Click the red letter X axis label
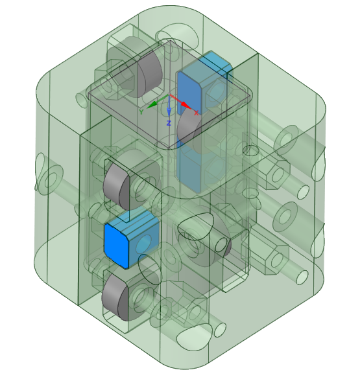[197, 113]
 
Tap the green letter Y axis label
[141, 112]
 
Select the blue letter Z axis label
[169, 123]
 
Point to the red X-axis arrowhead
[186, 106]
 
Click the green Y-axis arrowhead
[152, 105]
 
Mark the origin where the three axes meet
[170, 95]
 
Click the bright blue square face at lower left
[116, 246]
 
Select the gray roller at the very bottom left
[115, 297]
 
